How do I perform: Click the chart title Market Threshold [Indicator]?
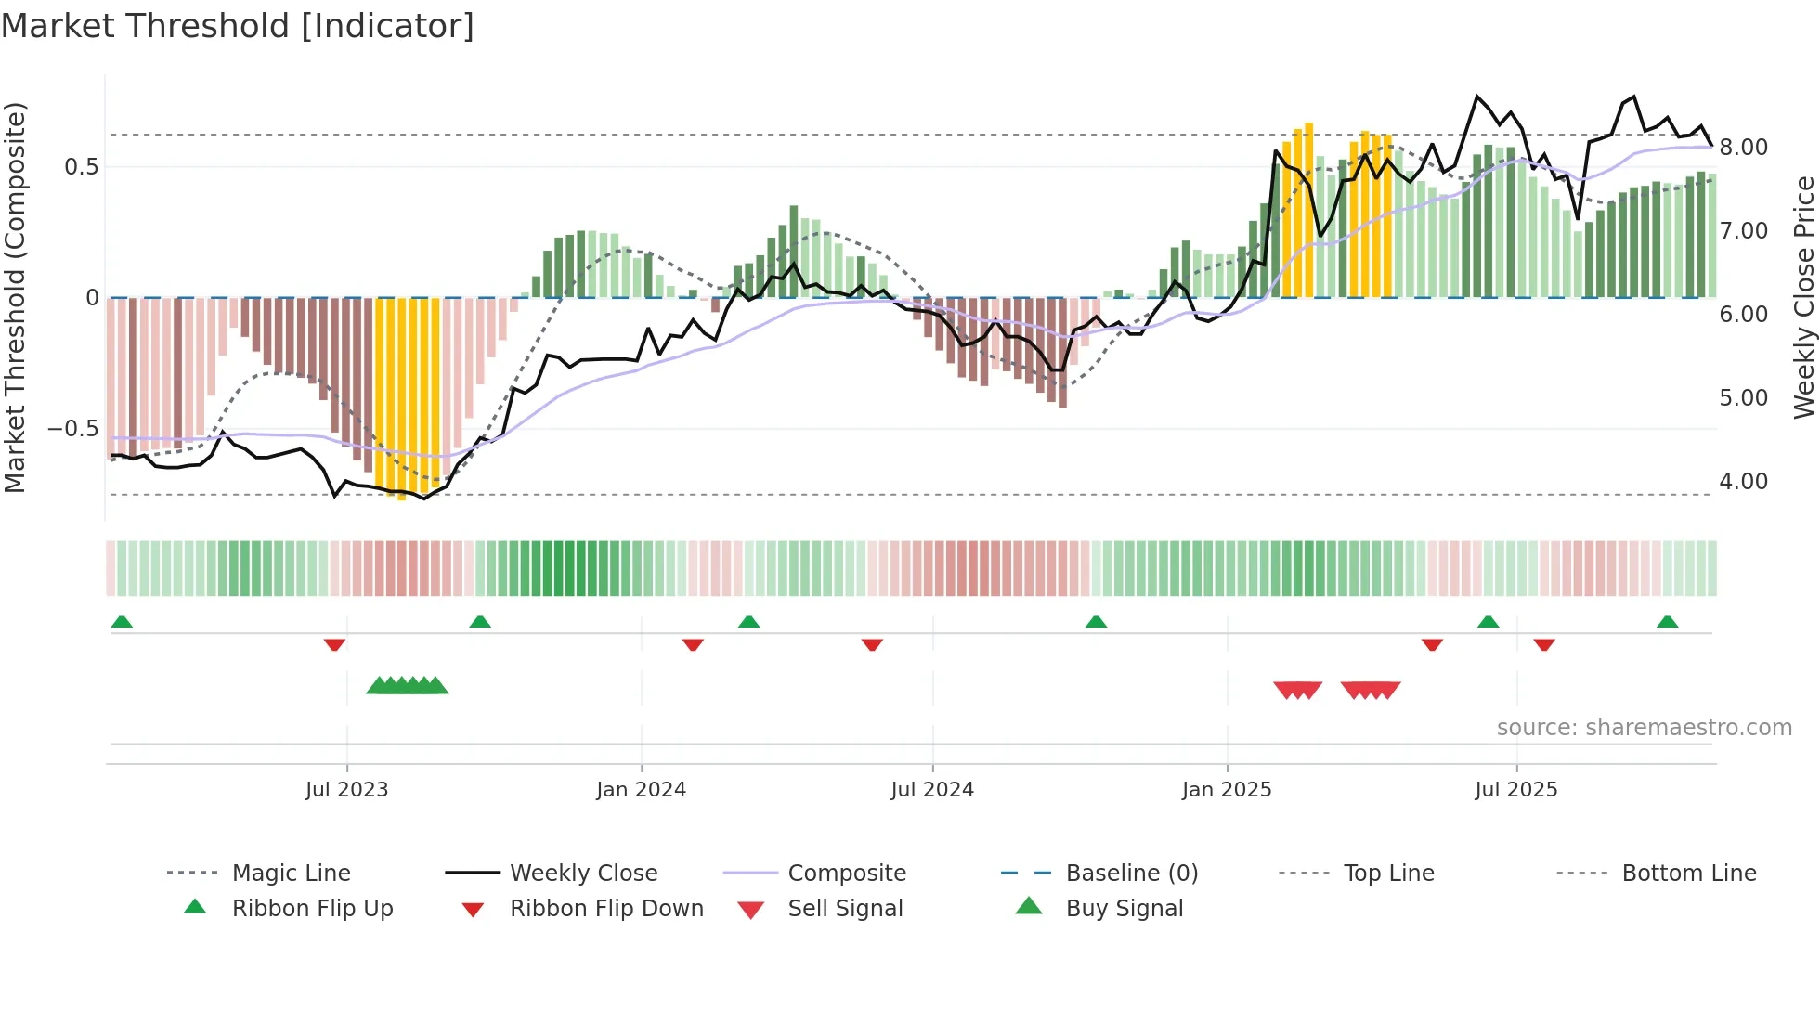(x=238, y=26)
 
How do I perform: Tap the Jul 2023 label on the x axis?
(x=346, y=790)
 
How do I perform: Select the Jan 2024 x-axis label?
(x=641, y=790)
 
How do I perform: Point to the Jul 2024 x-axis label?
(x=932, y=790)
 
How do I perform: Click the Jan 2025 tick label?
(x=1227, y=790)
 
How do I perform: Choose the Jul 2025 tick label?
(x=1516, y=790)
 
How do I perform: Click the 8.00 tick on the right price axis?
(x=1744, y=148)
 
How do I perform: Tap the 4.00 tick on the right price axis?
(x=1744, y=482)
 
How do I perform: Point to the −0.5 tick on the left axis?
(x=72, y=429)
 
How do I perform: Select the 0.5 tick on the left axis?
(x=81, y=167)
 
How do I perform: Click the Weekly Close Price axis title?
(x=1803, y=297)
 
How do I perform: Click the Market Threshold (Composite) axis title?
(x=15, y=297)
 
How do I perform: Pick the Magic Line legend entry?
(x=291, y=874)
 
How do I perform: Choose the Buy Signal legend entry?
(x=1124, y=909)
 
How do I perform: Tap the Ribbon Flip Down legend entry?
(x=606, y=909)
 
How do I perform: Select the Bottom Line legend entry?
(x=1688, y=874)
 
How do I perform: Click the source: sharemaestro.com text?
(x=1644, y=728)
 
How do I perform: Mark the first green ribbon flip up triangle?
(x=122, y=622)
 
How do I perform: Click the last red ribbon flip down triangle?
(x=1544, y=644)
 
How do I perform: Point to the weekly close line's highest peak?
(x=1476, y=97)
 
